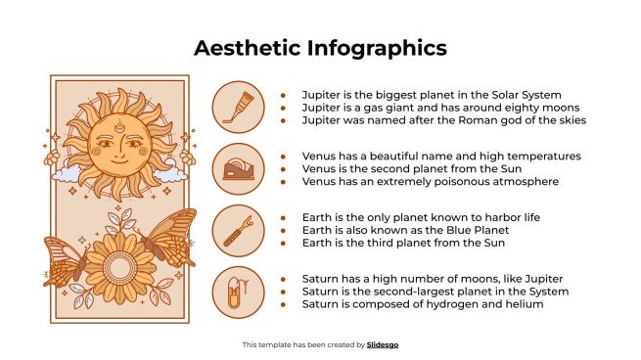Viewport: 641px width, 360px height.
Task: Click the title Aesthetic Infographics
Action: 320,48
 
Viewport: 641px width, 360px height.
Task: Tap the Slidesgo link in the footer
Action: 383,344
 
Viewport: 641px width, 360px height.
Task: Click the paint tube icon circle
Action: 238,106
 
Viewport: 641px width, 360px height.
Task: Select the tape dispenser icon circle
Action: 238,167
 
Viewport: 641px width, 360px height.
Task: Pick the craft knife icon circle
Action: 238,229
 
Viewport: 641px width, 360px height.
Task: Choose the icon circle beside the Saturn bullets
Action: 238,291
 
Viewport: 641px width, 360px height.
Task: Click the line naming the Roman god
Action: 444,120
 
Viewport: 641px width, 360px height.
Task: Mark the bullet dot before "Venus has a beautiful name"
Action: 283,157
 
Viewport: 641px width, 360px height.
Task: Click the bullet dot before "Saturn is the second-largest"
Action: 283,292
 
